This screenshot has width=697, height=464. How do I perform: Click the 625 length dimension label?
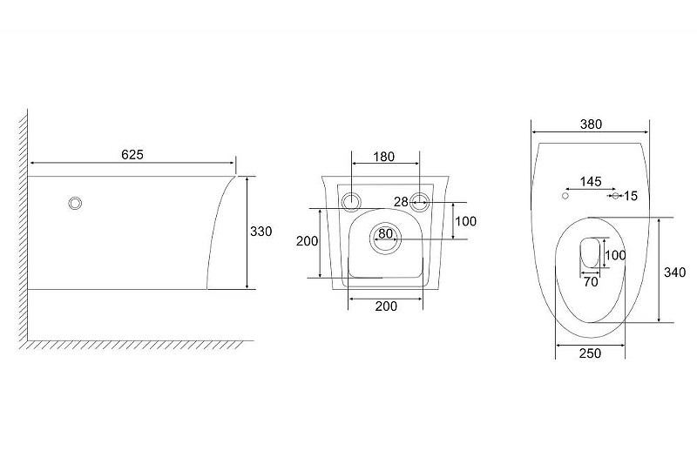[x=132, y=154]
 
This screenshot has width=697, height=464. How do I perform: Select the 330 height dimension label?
[x=261, y=232]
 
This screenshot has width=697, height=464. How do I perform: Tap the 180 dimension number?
[x=383, y=157]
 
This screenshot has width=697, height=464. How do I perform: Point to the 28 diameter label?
[x=401, y=202]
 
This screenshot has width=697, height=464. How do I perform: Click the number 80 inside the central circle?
[x=385, y=233]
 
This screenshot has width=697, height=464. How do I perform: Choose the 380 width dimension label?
[x=591, y=124]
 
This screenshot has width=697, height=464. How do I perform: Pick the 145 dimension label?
[x=591, y=182]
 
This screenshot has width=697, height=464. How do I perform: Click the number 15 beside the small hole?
[x=630, y=196]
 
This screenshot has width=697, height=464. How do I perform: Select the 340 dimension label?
[x=674, y=272]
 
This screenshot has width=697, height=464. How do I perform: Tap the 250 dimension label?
[x=591, y=353]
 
